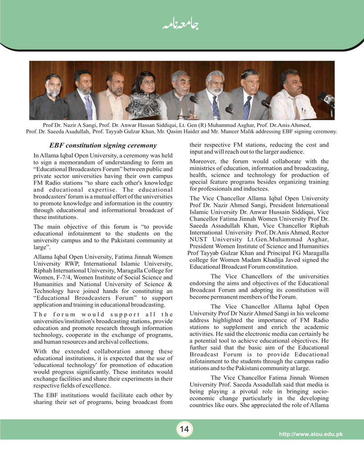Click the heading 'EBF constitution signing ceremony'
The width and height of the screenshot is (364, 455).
102,146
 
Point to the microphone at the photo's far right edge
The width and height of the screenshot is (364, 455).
327,99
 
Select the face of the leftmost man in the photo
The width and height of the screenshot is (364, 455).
53,86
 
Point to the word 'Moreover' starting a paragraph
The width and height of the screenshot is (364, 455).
202,162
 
